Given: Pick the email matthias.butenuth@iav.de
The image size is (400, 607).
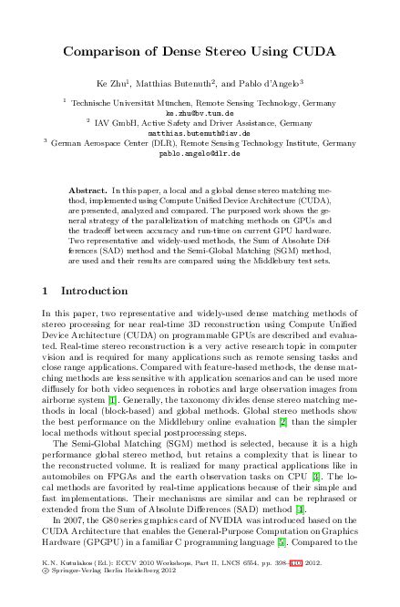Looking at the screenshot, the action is pyautogui.click(x=200, y=133).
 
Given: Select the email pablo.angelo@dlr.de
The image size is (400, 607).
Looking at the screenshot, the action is pyautogui.click(x=200, y=154).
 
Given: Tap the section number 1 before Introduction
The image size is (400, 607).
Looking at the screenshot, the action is pyautogui.click(x=46, y=291).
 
